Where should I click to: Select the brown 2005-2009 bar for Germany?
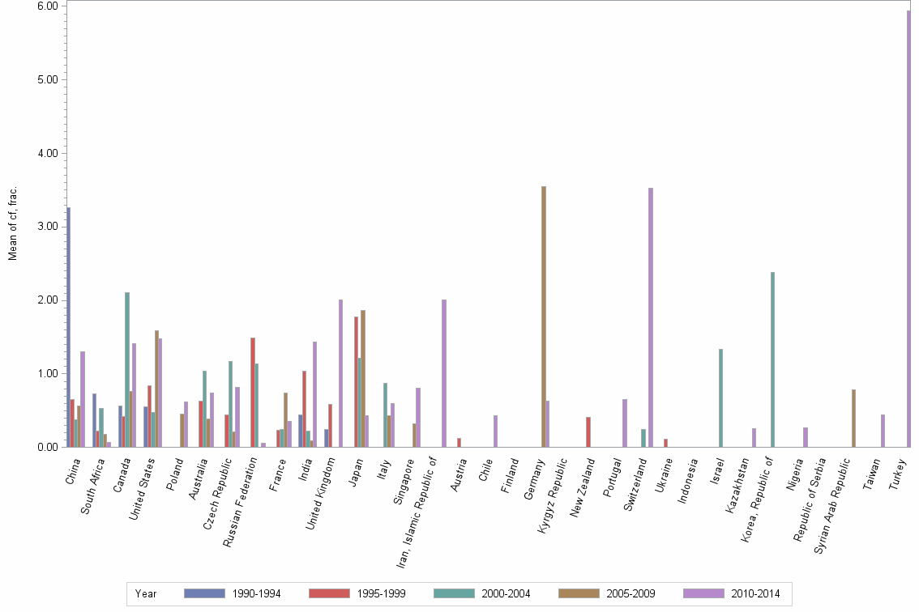coord(544,317)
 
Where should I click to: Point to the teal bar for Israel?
coord(720,397)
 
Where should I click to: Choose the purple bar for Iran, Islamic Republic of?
coord(444,373)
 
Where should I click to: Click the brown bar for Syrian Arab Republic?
coord(853,418)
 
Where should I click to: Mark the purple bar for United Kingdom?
coord(340,373)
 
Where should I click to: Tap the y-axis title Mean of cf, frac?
coord(13,223)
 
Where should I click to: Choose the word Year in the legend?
coord(146,593)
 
